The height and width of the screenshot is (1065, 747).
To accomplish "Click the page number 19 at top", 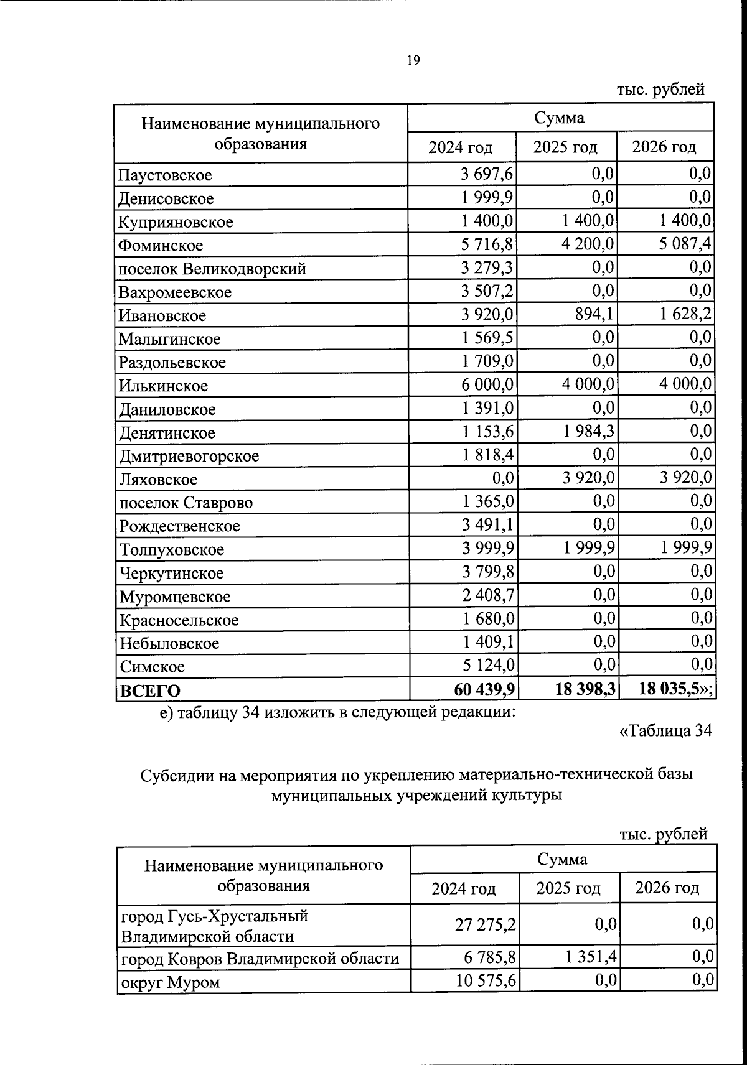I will point(413,60).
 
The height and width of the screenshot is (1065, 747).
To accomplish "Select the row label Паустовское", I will point(166,175).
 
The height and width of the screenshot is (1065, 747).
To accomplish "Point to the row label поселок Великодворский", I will point(212,269).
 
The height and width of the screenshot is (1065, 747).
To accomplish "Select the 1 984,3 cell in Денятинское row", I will point(588,432).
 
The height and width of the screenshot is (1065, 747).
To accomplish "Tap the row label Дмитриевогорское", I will point(189,456).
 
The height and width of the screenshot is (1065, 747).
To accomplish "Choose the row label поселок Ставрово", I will point(186,503).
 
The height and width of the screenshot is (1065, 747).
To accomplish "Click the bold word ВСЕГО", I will point(150,691).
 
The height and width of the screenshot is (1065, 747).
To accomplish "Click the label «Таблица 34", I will point(665,731).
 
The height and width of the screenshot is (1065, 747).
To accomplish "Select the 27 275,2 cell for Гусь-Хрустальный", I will point(486,925).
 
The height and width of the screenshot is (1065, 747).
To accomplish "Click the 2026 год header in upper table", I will point(664,147).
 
